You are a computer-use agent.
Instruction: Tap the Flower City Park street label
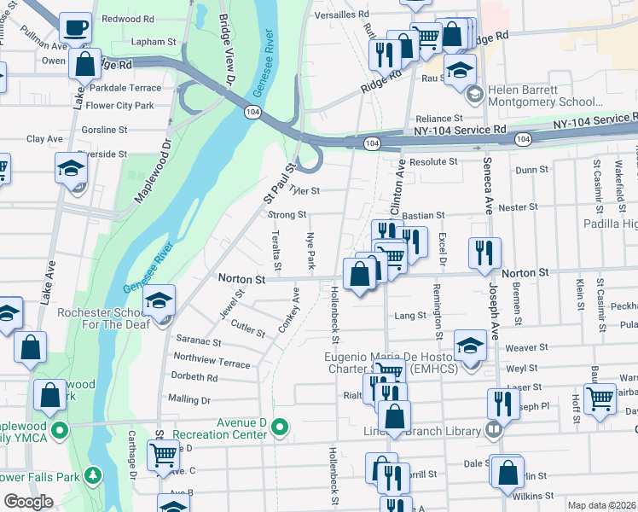[119, 106]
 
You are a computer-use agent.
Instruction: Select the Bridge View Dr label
[226, 49]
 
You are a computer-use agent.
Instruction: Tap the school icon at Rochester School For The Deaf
[159, 300]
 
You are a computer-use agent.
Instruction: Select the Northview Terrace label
[212, 361]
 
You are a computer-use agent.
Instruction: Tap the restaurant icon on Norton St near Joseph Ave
[484, 253]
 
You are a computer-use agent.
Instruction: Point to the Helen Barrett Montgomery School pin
[474, 92]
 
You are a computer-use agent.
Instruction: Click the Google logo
[29, 502]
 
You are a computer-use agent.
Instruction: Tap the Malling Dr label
[188, 399]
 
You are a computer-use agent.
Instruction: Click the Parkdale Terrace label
[123, 88]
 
